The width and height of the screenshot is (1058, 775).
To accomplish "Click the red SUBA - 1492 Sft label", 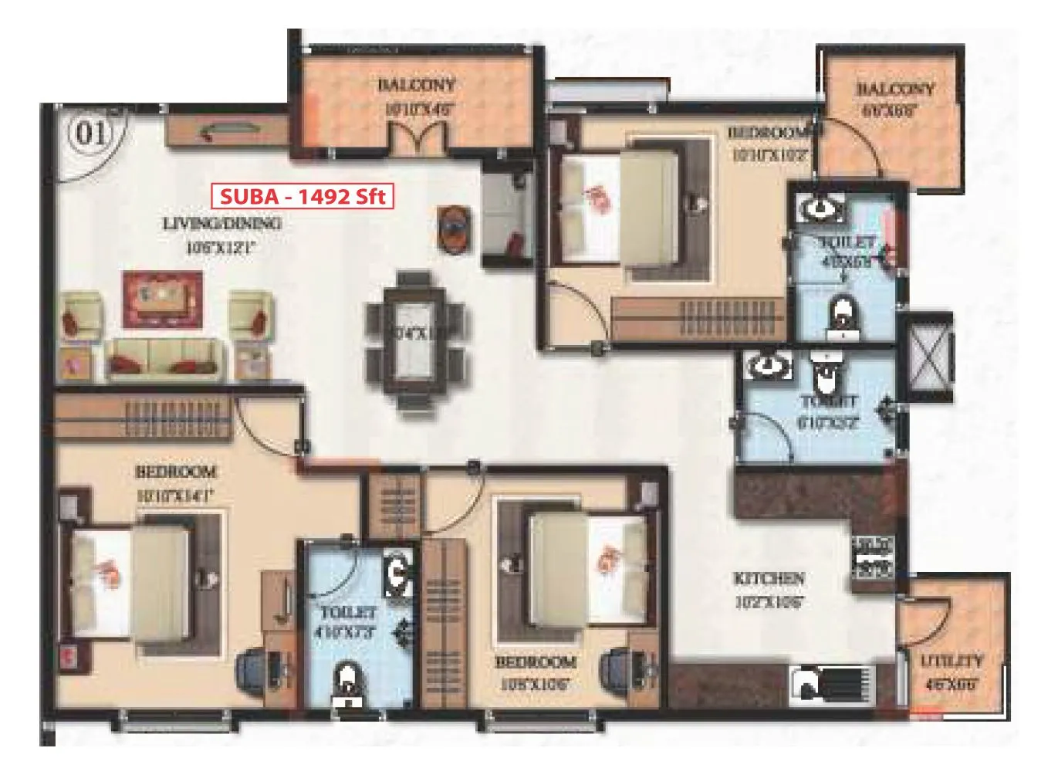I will [x=303, y=196].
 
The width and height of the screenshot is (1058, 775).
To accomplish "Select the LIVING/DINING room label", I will [x=222, y=224].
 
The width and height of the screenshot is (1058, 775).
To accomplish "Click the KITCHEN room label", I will [x=769, y=578].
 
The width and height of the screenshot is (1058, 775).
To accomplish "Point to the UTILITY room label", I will [x=952, y=662].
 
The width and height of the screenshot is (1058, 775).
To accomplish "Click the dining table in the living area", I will [x=416, y=341].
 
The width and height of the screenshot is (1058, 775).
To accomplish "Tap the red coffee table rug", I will [x=162, y=299].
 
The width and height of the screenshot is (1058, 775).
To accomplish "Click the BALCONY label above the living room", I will [x=416, y=85].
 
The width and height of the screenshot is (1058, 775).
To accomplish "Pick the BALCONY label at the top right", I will [x=894, y=90].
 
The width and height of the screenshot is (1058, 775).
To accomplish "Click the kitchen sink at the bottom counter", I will [x=806, y=682].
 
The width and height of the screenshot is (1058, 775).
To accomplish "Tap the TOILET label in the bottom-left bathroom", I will [x=348, y=613].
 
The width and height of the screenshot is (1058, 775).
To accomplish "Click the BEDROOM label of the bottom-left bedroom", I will [x=175, y=472].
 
